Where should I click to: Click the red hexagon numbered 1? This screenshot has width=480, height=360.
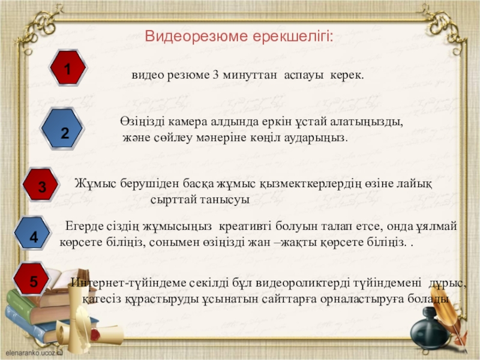(68, 68)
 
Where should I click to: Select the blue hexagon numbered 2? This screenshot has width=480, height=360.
(62, 129)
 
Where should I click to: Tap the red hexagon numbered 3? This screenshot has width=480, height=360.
(40, 185)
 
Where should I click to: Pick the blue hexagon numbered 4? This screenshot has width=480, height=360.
(32, 233)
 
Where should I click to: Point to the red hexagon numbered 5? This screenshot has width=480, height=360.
(32, 279)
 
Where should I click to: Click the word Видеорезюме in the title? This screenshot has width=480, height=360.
(196, 36)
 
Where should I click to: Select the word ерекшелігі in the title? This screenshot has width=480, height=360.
(293, 37)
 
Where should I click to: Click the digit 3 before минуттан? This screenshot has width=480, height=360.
(215, 74)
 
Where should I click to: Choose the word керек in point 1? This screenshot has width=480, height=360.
(347, 76)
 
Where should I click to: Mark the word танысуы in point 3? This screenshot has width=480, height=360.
(225, 200)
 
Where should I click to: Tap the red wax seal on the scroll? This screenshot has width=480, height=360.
(95, 335)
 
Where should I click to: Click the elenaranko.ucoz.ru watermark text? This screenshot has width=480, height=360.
(34, 353)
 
